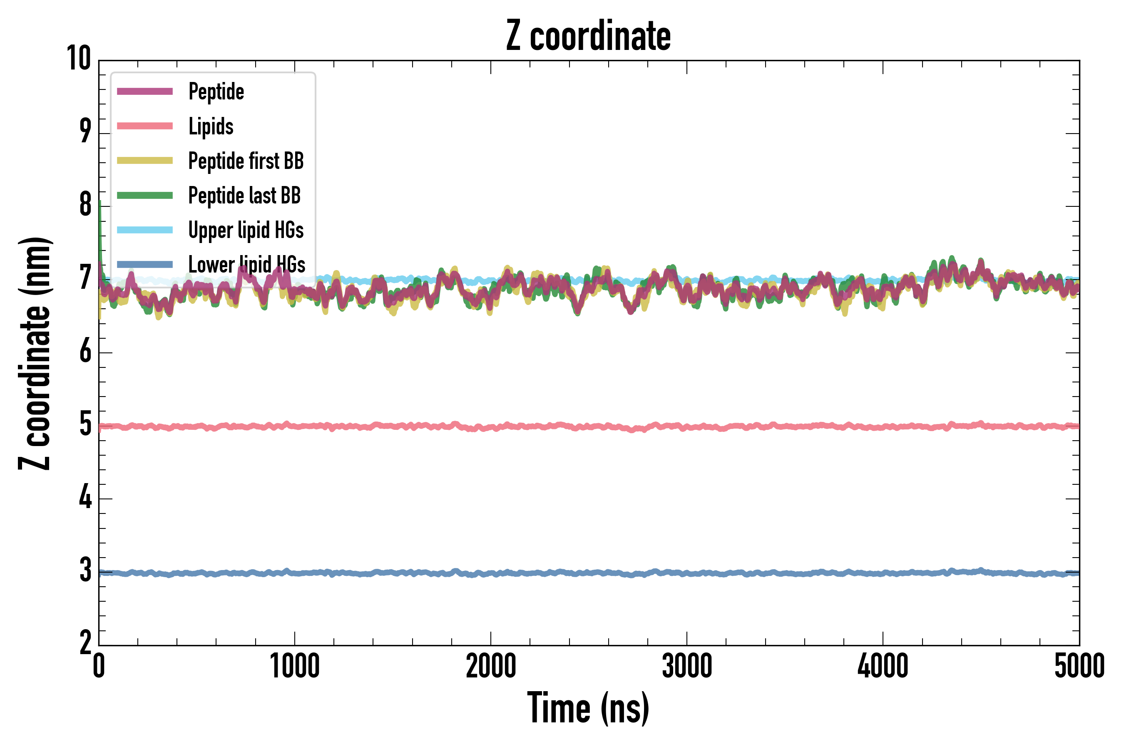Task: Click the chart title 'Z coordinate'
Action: [x=588, y=36]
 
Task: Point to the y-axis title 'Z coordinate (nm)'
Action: [x=35, y=353]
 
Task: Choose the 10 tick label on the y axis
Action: [x=79, y=59]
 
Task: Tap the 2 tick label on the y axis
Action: [x=85, y=643]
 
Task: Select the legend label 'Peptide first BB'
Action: [x=246, y=161]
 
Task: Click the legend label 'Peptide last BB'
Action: [x=244, y=196]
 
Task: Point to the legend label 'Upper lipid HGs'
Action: [x=246, y=230]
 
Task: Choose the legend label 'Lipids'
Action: [x=211, y=126]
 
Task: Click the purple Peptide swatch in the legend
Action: [x=145, y=91]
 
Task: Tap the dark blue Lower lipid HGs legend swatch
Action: [x=145, y=264]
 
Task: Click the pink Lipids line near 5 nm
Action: [x=574, y=426]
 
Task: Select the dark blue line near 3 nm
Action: [x=574, y=572]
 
